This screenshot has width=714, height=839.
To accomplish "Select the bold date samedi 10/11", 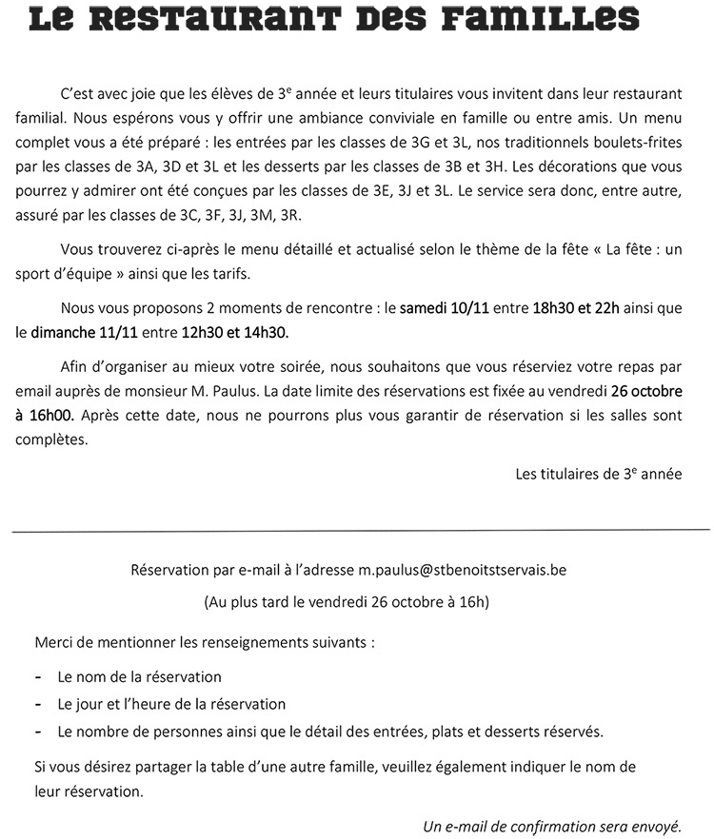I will tap(442, 308).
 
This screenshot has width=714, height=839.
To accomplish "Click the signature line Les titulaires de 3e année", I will tap(598, 473).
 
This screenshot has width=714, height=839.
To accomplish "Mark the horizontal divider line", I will tap(362, 528).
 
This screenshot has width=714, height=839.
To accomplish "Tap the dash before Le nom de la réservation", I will tap(37, 677).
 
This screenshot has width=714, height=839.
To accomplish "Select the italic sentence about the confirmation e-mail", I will tap(552, 825).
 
